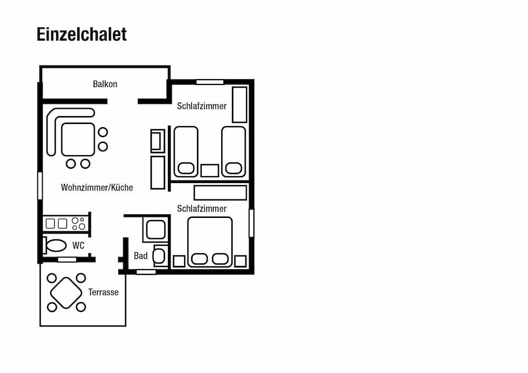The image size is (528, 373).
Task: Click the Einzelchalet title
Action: tap(81, 34)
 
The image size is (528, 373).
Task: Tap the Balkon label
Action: tap(105, 84)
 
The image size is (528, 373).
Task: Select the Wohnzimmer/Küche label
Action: tap(97, 187)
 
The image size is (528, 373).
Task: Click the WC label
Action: tap(78, 245)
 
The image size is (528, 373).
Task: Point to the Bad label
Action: tap(141, 256)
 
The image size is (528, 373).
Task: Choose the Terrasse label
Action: tap(103, 292)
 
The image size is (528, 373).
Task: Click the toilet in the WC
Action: tap(55, 245)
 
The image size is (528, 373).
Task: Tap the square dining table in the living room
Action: tap(78, 140)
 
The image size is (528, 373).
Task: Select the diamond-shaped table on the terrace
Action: tap(66, 293)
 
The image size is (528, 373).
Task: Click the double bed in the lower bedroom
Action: tap(210, 242)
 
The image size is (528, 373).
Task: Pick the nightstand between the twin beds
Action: tap(210, 170)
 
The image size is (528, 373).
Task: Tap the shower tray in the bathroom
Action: tap(156, 229)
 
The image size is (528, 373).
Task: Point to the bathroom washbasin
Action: tap(159, 256)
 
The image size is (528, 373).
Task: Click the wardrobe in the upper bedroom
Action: tap(239, 104)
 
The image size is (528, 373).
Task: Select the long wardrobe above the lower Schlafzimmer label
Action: tap(220, 193)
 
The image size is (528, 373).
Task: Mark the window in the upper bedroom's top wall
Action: tap(210, 82)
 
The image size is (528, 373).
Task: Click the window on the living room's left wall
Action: tap(40, 185)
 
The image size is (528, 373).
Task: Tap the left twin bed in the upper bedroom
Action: tap(185, 152)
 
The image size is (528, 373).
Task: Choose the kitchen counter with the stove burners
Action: tap(66, 224)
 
